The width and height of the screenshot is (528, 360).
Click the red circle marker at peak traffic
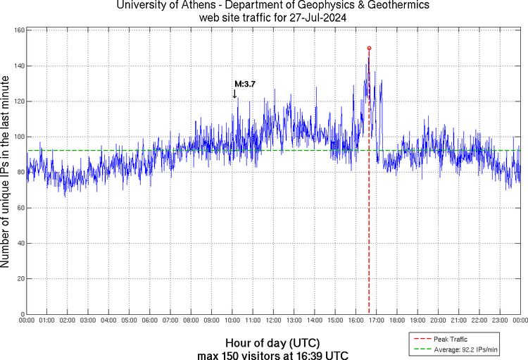(x=369, y=48)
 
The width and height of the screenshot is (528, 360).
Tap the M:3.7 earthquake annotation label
(x=244, y=84)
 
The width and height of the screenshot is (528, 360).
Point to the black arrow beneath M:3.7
(x=234, y=93)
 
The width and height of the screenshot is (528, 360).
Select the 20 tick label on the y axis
(x=20, y=279)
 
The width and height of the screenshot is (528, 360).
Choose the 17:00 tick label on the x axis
(x=376, y=321)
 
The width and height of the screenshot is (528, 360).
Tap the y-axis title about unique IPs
(x=6, y=173)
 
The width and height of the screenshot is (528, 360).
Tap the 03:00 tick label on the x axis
(x=89, y=321)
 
